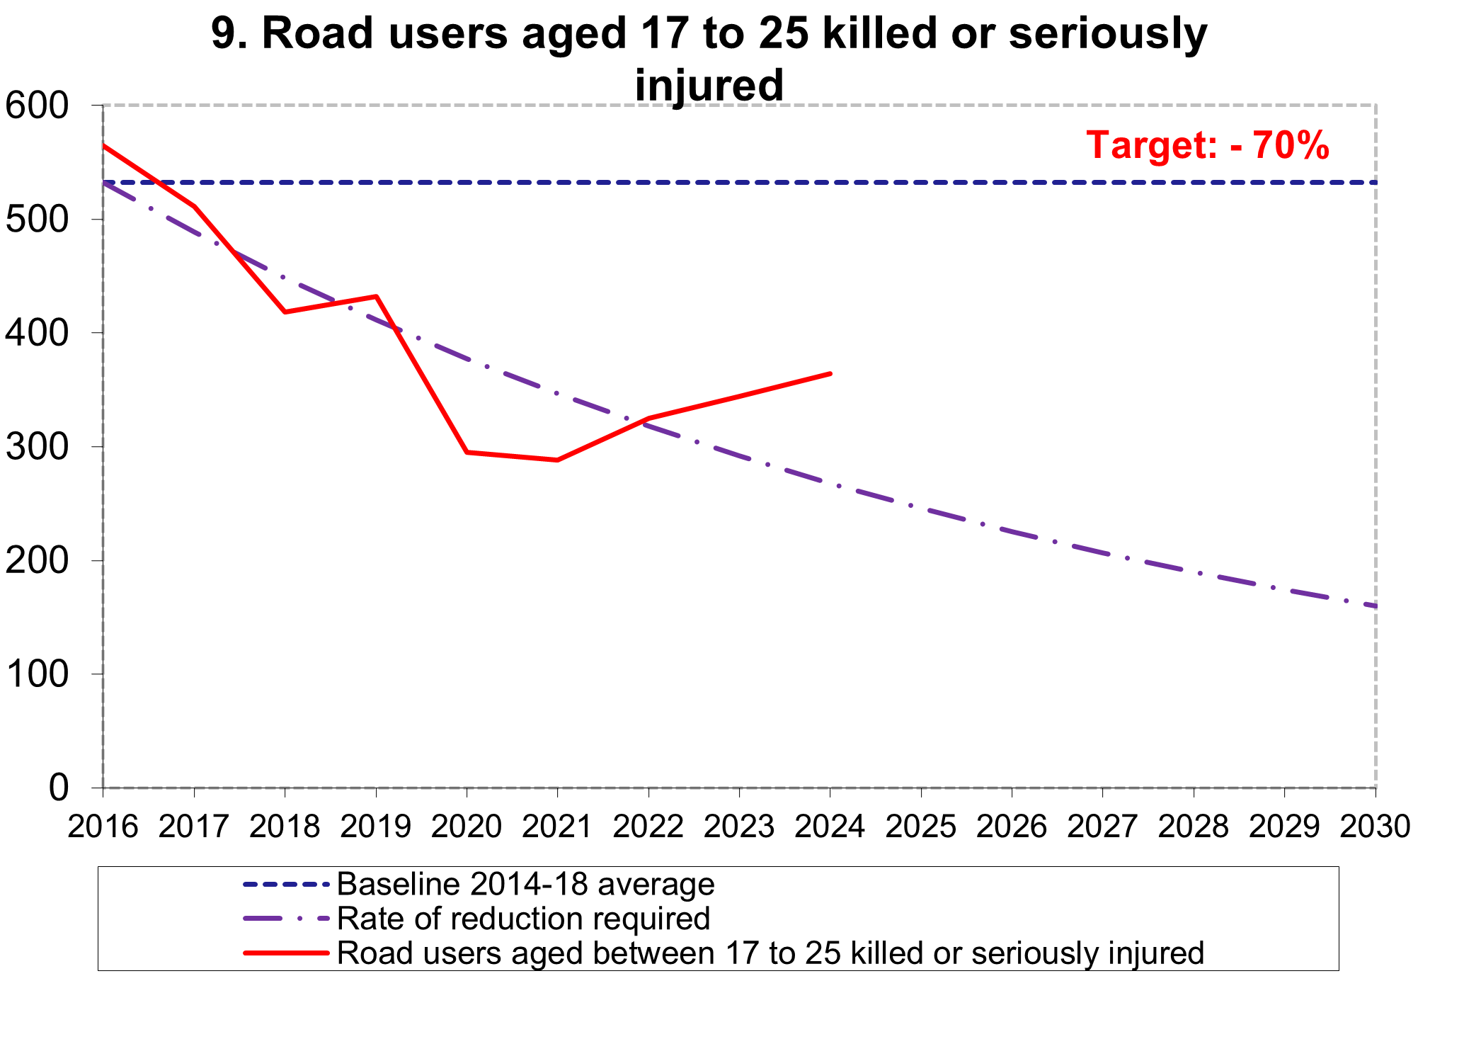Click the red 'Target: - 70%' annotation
pyautogui.click(x=1208, y=145)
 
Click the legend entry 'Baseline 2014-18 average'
pyautogui.click(x=525, y=885)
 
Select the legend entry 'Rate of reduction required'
pyautogui.click(x=523, y=919)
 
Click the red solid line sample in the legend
pyautogui.click(x=286, y=953)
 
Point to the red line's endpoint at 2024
pyautogui.click(x=830, y=373)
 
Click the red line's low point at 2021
pyautogui.click(x=557, y=460)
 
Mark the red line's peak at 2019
pyautogui.click(x=376, y=296)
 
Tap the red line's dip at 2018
pyautogui.click(x=285, y=312)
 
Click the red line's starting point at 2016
pyautogui.click(x=103, y=145)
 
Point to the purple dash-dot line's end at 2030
pyautogui.click(x=1375, y=606)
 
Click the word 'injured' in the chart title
pyautogui.click(x=709, y=85)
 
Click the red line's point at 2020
pyautogui.click(x=467, y=452)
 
